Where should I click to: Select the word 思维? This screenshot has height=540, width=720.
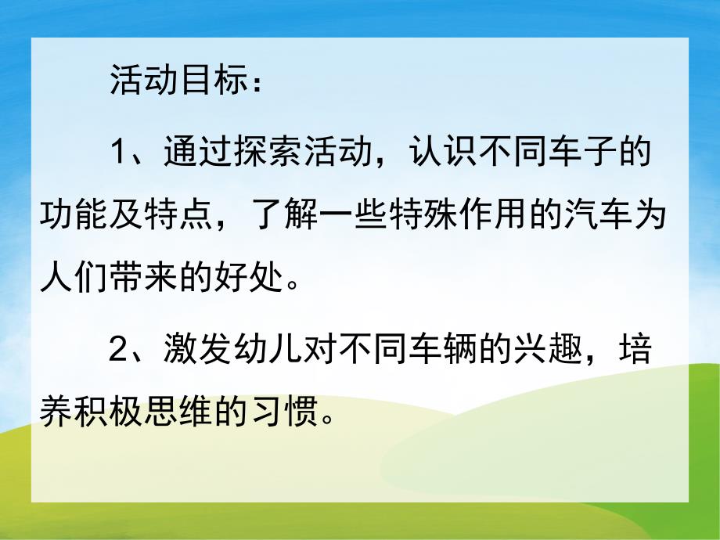[x=185, y=413]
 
